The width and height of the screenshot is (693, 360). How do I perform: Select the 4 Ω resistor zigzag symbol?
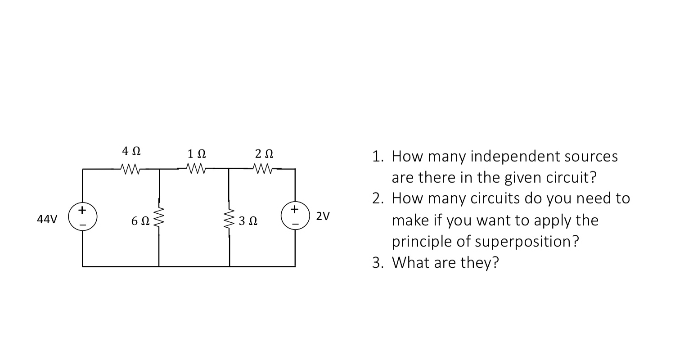coord(131,170)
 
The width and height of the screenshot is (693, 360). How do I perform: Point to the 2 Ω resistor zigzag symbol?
coord(264,169)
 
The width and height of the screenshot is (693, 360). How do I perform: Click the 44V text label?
coord(47,219)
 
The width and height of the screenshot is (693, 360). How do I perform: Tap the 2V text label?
coord(323,216)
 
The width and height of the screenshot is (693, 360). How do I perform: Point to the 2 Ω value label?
coord(264,154)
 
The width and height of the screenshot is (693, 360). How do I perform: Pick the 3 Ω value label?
coord(248,221)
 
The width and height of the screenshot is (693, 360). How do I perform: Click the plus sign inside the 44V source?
coord(81,210)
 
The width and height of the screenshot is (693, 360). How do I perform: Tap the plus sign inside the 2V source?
coord(295,209)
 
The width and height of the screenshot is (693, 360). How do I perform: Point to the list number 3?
coord(377,262)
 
